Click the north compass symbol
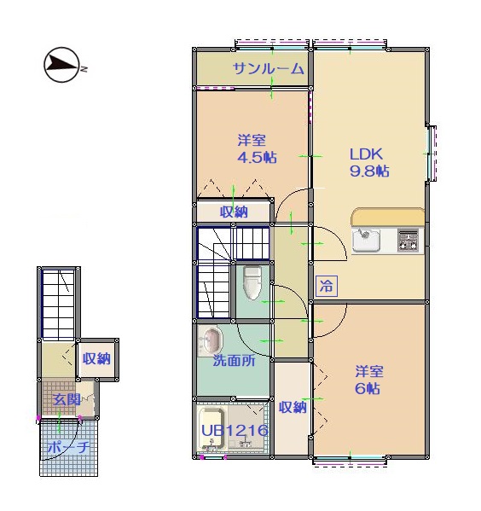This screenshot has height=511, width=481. (x=61, y=65)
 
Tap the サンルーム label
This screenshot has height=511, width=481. (x=268, y=69)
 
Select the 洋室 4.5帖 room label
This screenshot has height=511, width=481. (x=257, y=149)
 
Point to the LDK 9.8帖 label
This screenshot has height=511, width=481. (x=369, y=162)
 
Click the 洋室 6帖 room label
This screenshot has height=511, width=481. (x=369, y=380)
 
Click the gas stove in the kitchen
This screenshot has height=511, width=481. (x=408, y=241)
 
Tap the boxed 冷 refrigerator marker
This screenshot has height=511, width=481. (x=326, y=286)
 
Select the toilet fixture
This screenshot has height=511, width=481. (x=252, y=283)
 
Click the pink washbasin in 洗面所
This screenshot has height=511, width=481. (x=210, y=339)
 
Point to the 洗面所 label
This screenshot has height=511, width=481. (x=234, y=361)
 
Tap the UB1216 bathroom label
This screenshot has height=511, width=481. (x=235, y=431)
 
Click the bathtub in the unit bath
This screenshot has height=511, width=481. (x=212, y=428)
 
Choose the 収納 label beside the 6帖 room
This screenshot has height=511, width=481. (x=293, y=407)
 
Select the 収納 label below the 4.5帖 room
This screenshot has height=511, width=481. (x=234, y=212)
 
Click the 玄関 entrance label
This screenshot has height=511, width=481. (x=67, y=399)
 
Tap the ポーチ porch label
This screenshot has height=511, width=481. (x=68, y=447)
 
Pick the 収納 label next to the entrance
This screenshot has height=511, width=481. (x=96, y=359)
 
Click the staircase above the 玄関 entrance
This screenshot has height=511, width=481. (x=59, y=304)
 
